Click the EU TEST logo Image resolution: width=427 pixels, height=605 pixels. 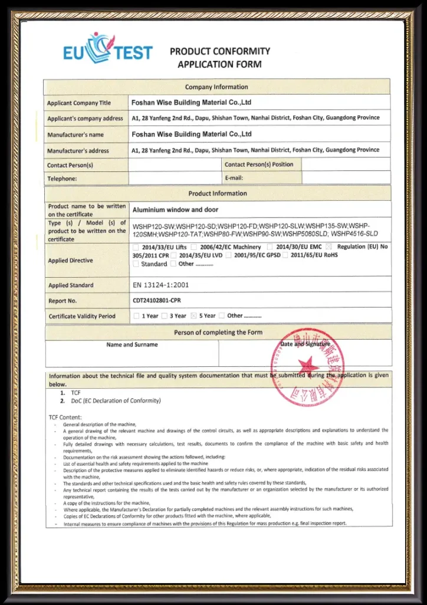pyautogui.click(x=107, y=49)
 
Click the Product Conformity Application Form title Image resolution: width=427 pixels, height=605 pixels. pyautogui.click(x=219, y=57)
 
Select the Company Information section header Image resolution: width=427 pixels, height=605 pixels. pyautogui.click(x=216, y=87)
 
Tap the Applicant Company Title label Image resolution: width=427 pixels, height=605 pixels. pyautogui.click(x=78, y=103)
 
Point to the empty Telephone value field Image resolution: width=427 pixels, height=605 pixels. pyautogui.click(x=175, y=178)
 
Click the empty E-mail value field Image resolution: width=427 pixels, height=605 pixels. pyautogui.click(x=346, y=178)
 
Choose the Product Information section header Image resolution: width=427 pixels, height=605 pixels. pyautogui.click(x=218, y=193)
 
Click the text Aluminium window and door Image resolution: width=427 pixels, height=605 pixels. pyautogui.click(x=175, y=210)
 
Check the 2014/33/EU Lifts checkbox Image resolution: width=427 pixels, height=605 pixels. pyautogui.click(x=137, y=247)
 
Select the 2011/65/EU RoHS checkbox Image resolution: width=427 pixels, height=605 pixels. pyautogui.click(x=285, y=255)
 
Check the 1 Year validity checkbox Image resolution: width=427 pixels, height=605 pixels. pyautogui.click(x=136, y=316)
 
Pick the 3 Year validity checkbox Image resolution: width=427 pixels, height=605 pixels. pyautogui.click(x=165, y=316)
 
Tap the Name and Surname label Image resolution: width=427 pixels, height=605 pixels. pyautogui.click(x=132, y=344)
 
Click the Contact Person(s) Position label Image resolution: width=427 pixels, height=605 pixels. pyautogui.click(x=259, y=164)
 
